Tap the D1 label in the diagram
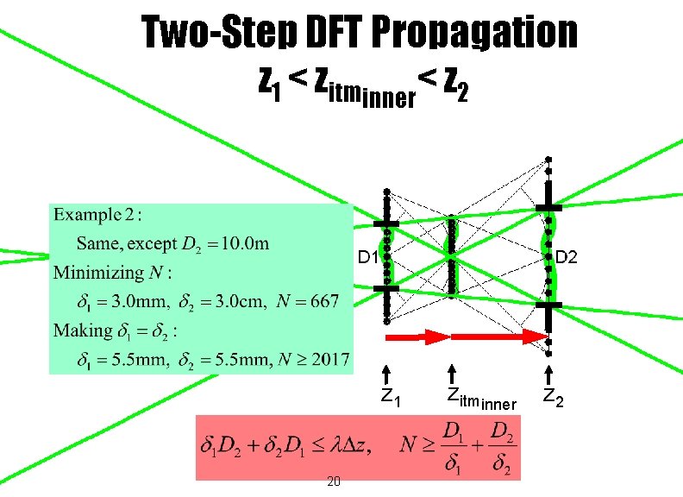click(x=367, y=257)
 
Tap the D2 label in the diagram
click(x=567, y=257)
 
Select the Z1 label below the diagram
click(x=391, y=398)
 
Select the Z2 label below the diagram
click(x=554, y=398)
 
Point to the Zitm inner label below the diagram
click(x=480, y=399)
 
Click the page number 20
click(x=334, y=481)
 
